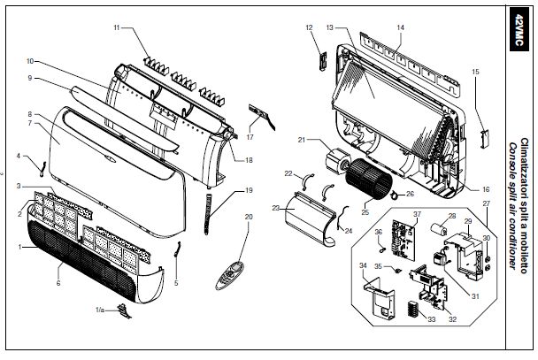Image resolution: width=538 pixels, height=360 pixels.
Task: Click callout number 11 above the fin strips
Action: pyautogui.click(x=117, y=28)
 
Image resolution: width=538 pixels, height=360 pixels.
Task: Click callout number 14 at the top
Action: pyautogui.click(x=400, y=27)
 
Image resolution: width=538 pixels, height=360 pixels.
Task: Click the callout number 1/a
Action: pyautogui.click(x=100, y=310)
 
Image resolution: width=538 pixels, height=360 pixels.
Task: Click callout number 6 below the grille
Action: pyautogui.click(x=58, y=283)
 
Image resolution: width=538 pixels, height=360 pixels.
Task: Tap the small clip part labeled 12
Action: pyautogui.click(x=321, y=59)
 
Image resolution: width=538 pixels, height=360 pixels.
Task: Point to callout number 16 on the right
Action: pyautogui.click(x=487, y=189)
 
